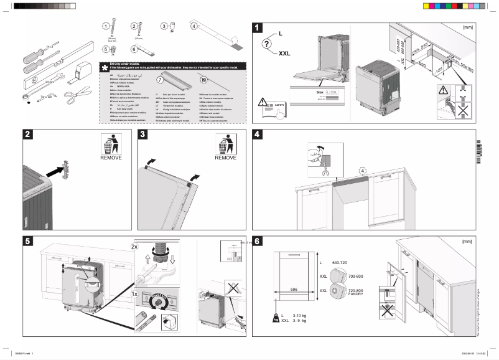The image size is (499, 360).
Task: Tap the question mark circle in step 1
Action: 267,44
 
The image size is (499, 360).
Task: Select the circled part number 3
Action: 164,27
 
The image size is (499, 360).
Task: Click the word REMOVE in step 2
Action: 111,158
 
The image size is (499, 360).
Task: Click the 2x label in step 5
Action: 134,247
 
